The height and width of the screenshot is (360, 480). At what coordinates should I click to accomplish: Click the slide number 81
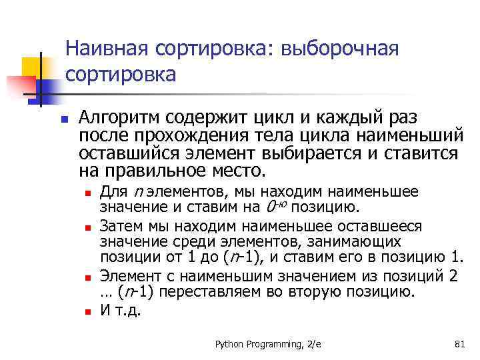click(458, 344)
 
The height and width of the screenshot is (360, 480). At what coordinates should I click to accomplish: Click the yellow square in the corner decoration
click(31, 66)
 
